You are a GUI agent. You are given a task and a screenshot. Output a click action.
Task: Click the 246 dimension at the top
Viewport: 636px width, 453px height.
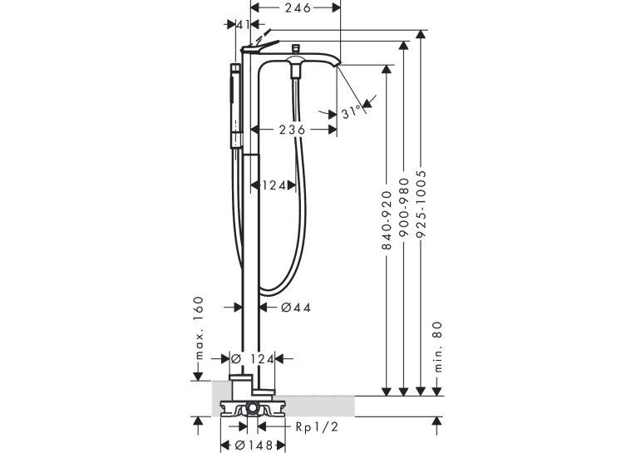(298, 7)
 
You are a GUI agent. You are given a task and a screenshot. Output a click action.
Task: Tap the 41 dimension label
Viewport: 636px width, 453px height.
(243, 25)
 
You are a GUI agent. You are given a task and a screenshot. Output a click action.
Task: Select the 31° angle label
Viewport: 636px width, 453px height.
(352, 111)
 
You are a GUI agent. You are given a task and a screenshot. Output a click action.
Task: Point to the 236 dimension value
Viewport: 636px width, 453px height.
(292, 130)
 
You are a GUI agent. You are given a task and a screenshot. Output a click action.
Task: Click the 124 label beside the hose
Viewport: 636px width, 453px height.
(274, 185)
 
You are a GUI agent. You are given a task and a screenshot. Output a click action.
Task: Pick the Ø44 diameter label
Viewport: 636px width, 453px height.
(296, 308)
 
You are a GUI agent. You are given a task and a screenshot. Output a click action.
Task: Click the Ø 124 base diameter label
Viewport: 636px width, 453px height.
(253, 359)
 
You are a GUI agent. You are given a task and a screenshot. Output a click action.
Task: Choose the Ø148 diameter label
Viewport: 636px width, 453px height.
(254, 445)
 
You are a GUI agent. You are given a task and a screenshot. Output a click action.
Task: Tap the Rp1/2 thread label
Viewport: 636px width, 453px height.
(317, 426)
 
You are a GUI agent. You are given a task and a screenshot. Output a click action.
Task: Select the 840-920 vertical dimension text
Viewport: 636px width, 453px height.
(387, 220)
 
